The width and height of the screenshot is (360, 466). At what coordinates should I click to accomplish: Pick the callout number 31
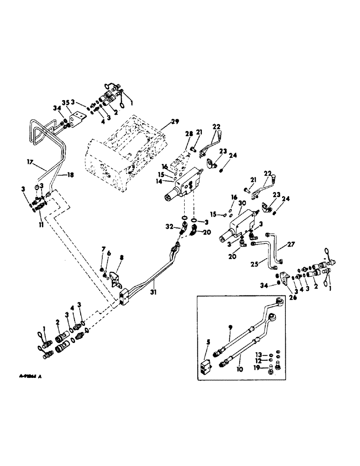pos(153,281)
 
